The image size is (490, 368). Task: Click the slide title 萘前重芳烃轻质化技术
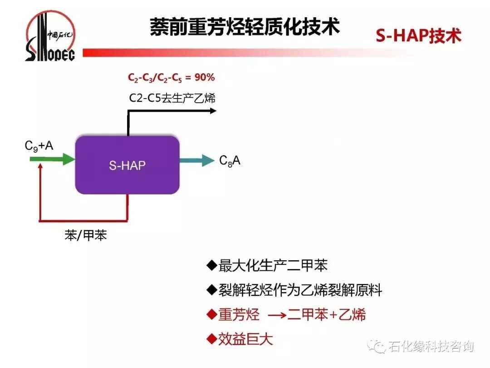tap(245, 27)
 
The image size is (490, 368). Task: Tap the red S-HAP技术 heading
tap(418, 36)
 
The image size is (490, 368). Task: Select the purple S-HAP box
tap(127, 165)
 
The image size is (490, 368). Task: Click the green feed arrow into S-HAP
tap(52, 159)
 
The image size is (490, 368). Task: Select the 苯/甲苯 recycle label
tap(86, 235)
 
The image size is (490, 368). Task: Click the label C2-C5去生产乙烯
tap(172, 97)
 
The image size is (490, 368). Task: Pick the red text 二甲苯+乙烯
tap(327, 314)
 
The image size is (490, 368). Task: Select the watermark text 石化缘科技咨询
tap(431, 347)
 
